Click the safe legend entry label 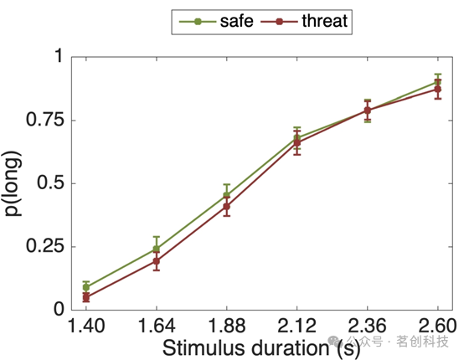point(236,21)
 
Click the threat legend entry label point(325,21)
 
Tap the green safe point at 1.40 point(86,287)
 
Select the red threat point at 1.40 point(86,297)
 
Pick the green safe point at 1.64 point(157,249)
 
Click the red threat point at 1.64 point(157,261)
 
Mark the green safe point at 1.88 point(227,195)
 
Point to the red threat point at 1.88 point(227,207)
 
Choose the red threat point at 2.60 point(438,89)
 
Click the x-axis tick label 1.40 point(86,326)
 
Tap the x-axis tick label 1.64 point(157,326)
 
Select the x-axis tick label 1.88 point(227,326)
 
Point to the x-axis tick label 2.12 point(296,326)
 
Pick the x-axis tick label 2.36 point(367,326)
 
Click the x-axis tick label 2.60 point(437,326)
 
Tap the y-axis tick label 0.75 point(45,120)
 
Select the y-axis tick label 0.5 point(51,183)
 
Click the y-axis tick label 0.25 point(45,246)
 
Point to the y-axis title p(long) point(12,183)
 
